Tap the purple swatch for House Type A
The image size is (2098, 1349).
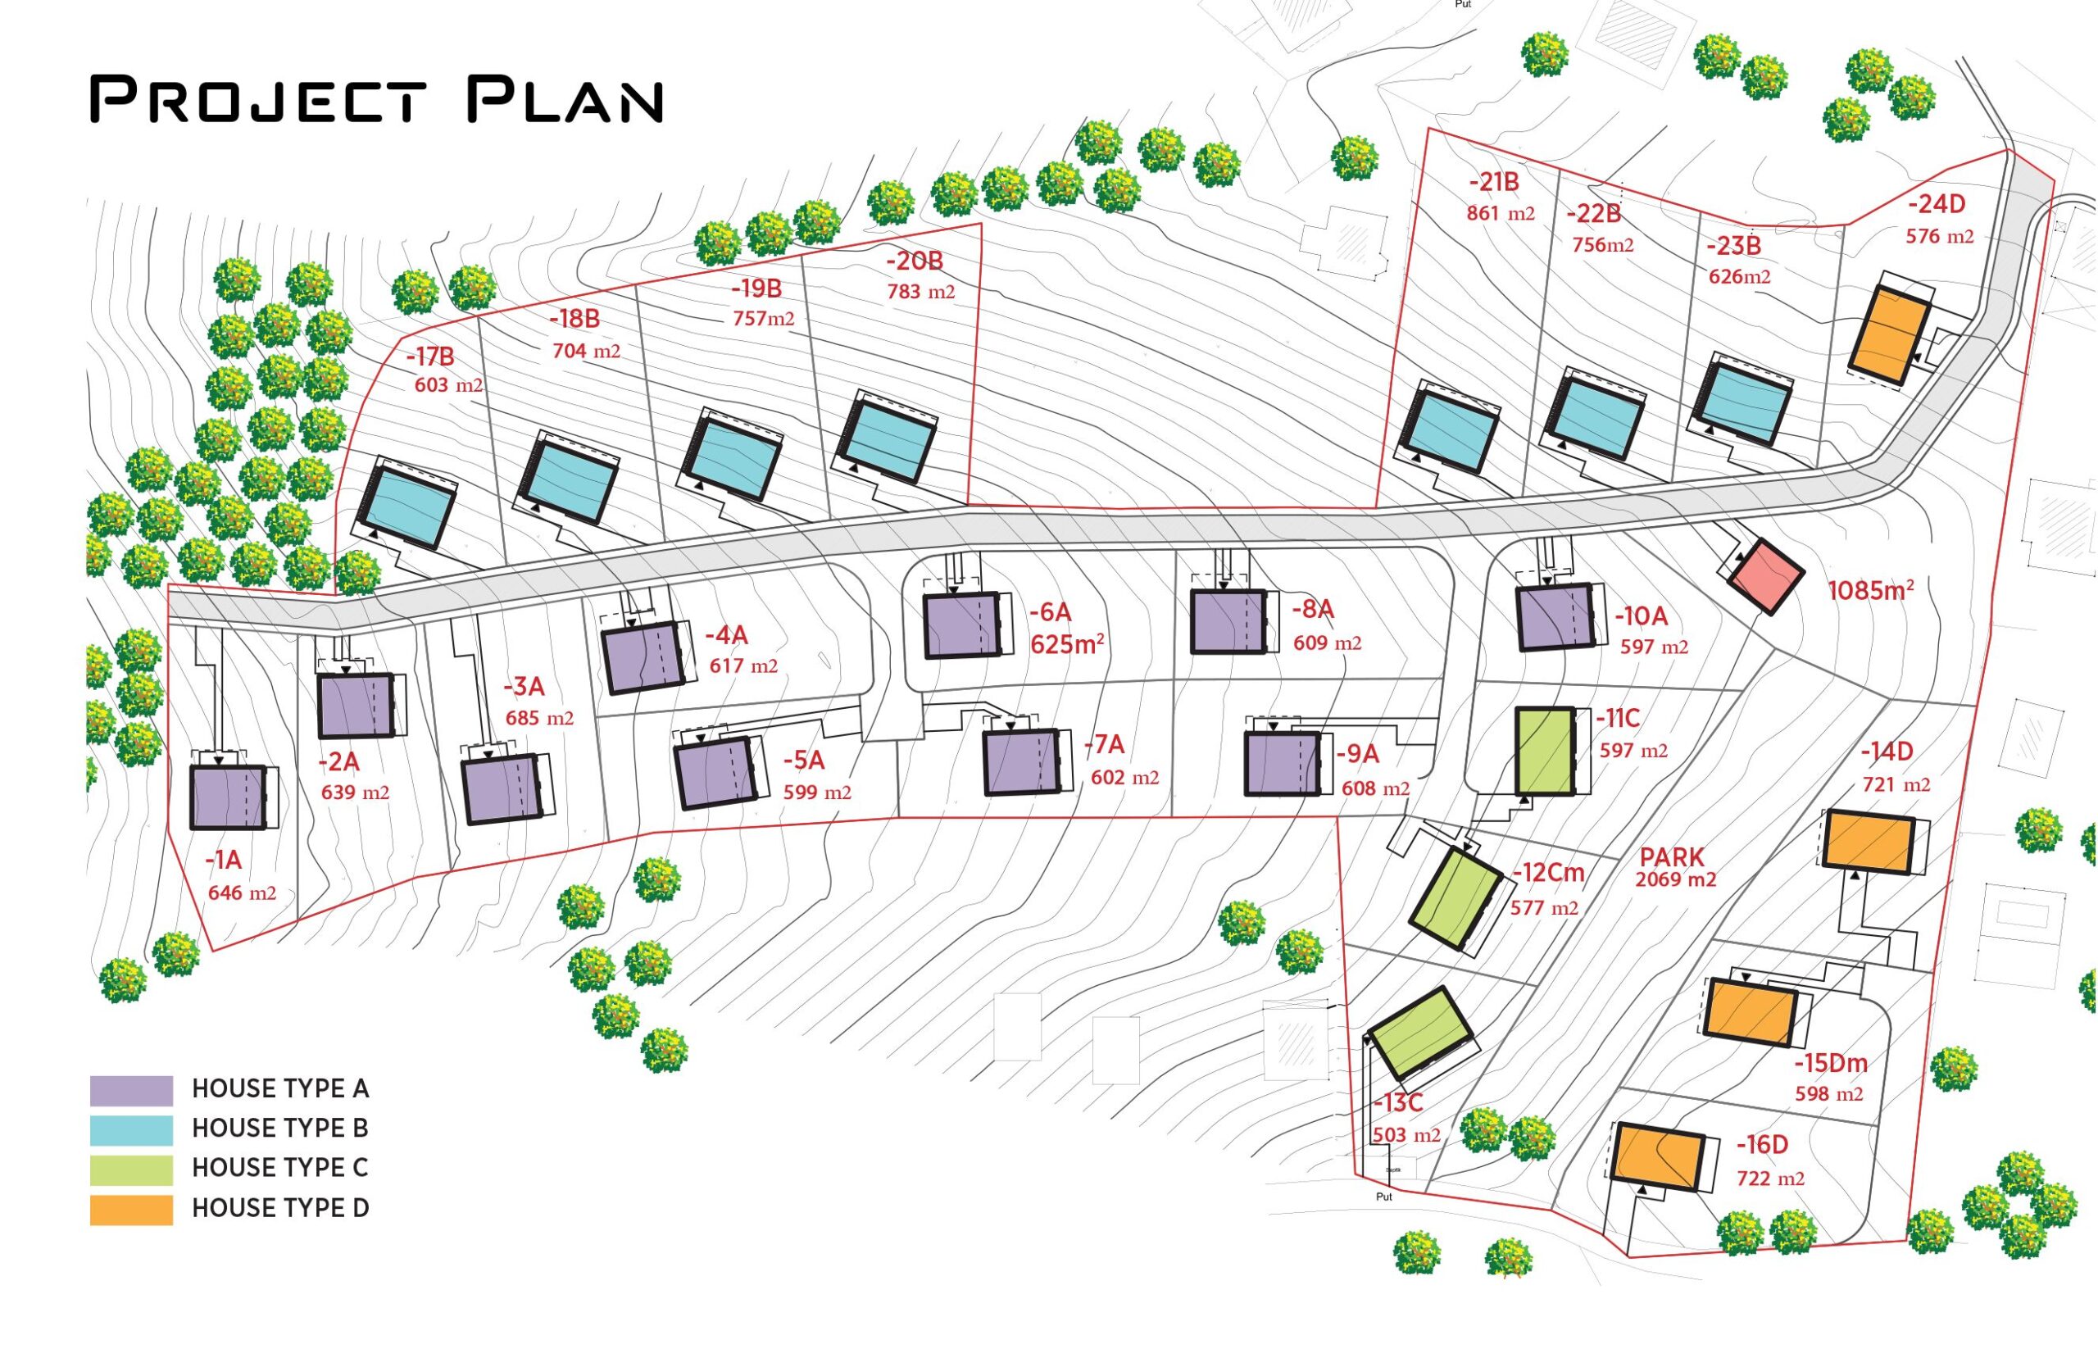coord(131,1090)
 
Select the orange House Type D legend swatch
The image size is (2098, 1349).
coord(131,1209)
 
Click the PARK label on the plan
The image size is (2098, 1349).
coord(1671,856)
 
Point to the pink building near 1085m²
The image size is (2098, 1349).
coord(1764,576)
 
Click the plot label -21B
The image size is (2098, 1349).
coord(1493,182)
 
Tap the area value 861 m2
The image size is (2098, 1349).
coord(1500,213)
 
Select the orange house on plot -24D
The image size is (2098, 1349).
coord(1890,336)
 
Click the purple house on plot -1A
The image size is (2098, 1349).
coord(228,797)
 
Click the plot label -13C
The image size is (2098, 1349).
coord(1397,1103)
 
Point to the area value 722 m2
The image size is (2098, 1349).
coord(1770,1179)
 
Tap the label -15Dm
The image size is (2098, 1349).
coord(1830,1064)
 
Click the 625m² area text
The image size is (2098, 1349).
coord(1066,645)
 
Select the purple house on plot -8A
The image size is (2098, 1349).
coord(1228,621)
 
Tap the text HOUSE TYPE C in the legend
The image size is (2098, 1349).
coord(279,1168)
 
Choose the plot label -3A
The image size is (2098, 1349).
coord(523,687)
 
